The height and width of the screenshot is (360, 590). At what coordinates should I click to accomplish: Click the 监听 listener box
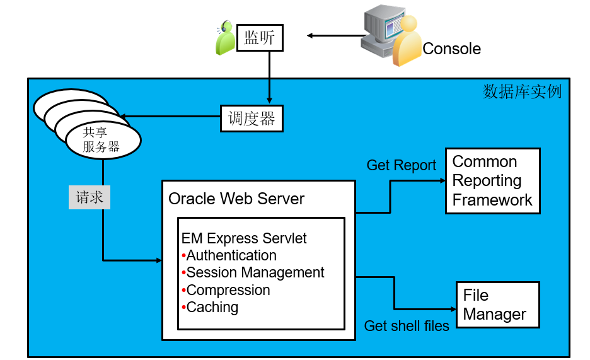click(x=260, y=37)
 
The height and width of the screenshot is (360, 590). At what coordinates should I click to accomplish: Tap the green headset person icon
click(x=225, y=39)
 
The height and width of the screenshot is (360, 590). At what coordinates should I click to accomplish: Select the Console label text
click(x=451, y=49)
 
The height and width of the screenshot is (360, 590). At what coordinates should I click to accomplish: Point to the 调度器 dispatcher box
click(x=252, y=119)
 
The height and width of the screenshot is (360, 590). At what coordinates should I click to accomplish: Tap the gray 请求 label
click(x=89, y=197)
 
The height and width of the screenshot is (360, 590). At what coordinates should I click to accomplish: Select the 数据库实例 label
click(x=522, y=91)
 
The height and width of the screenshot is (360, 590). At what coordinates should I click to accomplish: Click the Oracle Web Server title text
click(x=236, y=199)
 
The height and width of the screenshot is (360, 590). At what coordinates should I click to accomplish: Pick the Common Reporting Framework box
click(x=492, y=181)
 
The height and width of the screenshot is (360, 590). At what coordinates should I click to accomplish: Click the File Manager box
click(x=497, y=305)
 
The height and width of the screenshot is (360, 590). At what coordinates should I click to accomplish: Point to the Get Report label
click(x=402, y=165)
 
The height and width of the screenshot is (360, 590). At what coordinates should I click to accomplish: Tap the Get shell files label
click(x=407, y=326)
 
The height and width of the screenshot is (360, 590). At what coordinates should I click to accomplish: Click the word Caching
click(x=212, y=307)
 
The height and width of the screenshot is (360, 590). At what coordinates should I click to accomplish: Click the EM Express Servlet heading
click(x=244, y=238)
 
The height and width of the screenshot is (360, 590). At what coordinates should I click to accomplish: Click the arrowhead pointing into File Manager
click(x=452, y=309)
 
